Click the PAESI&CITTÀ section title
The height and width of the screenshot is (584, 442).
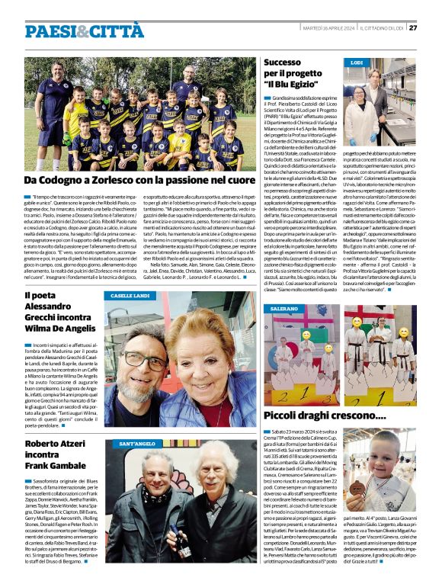pyautogui.click(x=73, y=30)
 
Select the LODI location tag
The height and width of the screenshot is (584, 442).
pyautogui.click(x=357, y=63)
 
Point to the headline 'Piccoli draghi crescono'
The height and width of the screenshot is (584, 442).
pyautogui.click(x=325, y=415)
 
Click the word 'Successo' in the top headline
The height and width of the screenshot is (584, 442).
pyautogui.click(x=282, y=62)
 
